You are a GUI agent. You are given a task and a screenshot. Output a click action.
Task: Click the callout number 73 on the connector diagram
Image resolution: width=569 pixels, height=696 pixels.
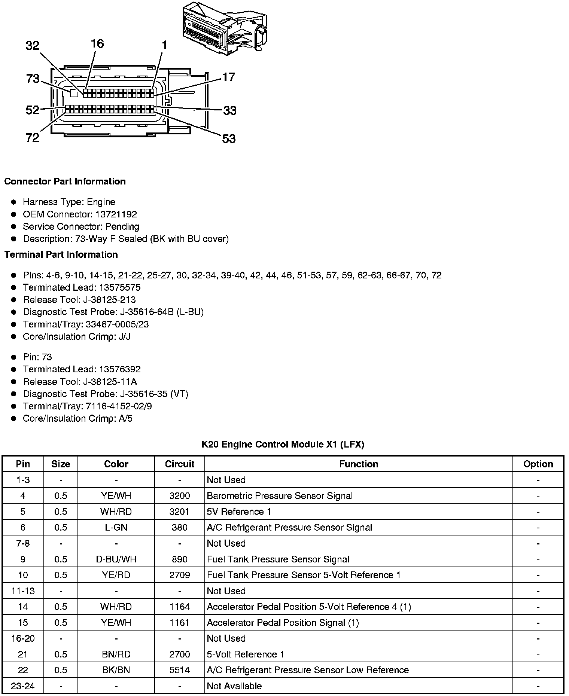[33, 79]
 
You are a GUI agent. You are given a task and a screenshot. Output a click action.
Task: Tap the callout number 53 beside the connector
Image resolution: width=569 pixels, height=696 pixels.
[229, 139]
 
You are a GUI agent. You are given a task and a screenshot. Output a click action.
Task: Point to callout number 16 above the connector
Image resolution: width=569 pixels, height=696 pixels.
[97, 44]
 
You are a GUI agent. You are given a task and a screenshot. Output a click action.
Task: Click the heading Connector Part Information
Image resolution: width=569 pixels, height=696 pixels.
[65, 181]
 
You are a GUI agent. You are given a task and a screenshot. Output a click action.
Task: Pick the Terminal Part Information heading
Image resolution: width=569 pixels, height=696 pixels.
[61, 255]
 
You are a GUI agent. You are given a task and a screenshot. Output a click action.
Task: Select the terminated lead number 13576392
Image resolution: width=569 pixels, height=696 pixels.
[119, 369]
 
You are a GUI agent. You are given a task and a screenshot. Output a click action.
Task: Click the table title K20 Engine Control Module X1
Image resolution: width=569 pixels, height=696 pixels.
[283, 445]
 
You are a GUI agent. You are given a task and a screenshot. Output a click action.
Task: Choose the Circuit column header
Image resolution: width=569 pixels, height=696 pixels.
[179, 464]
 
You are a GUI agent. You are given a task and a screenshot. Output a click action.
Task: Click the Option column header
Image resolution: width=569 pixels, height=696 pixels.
[538, 464]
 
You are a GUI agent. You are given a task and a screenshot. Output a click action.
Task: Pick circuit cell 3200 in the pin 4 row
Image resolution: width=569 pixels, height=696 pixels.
[179, 496]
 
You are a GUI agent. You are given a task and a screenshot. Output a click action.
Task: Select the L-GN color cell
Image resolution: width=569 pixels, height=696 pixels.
[116, 528]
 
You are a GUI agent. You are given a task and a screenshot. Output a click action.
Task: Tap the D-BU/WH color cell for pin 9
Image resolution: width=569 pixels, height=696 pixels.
[116, 559]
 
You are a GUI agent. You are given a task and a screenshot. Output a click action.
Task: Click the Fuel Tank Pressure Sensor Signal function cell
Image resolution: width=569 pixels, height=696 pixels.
[278, 559]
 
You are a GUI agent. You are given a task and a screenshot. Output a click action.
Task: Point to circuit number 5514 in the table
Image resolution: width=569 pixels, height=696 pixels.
[179, 670]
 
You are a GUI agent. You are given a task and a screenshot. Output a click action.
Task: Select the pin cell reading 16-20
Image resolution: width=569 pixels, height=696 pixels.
[23, 638]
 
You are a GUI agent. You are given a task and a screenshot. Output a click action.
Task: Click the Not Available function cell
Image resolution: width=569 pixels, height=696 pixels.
[234, 686]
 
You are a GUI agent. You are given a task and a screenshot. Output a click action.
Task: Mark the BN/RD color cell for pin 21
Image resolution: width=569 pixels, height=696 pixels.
[116, 654]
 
